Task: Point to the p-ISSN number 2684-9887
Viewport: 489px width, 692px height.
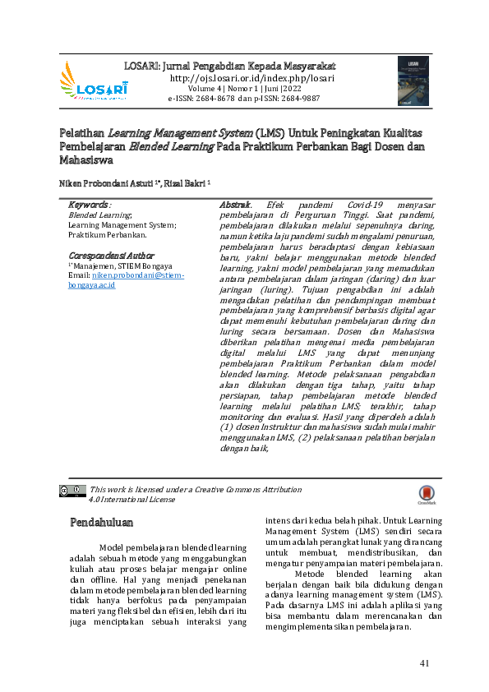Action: tap(300, 97)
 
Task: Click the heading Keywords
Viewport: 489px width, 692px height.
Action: tap(90, 204)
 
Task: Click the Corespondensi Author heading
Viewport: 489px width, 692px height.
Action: tap(111, 256)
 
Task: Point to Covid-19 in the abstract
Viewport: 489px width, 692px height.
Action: tap(345, 204)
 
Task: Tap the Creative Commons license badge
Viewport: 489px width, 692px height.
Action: tap(72, 491)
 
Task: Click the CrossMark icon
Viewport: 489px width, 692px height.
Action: tap(427, 493)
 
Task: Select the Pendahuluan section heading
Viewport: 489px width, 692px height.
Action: tap(101, 522)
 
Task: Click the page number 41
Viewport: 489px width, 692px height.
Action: tap(424, 663)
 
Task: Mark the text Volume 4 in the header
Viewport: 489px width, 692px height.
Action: tap(203, 88)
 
